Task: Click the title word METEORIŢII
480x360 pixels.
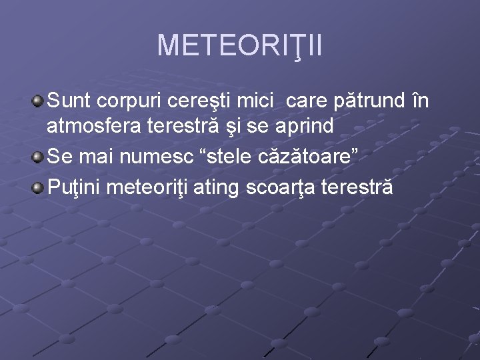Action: [x=239, y=45]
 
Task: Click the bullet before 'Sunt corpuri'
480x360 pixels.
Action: [x=39, y=101]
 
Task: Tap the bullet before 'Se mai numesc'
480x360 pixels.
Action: [x=39, y=157]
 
